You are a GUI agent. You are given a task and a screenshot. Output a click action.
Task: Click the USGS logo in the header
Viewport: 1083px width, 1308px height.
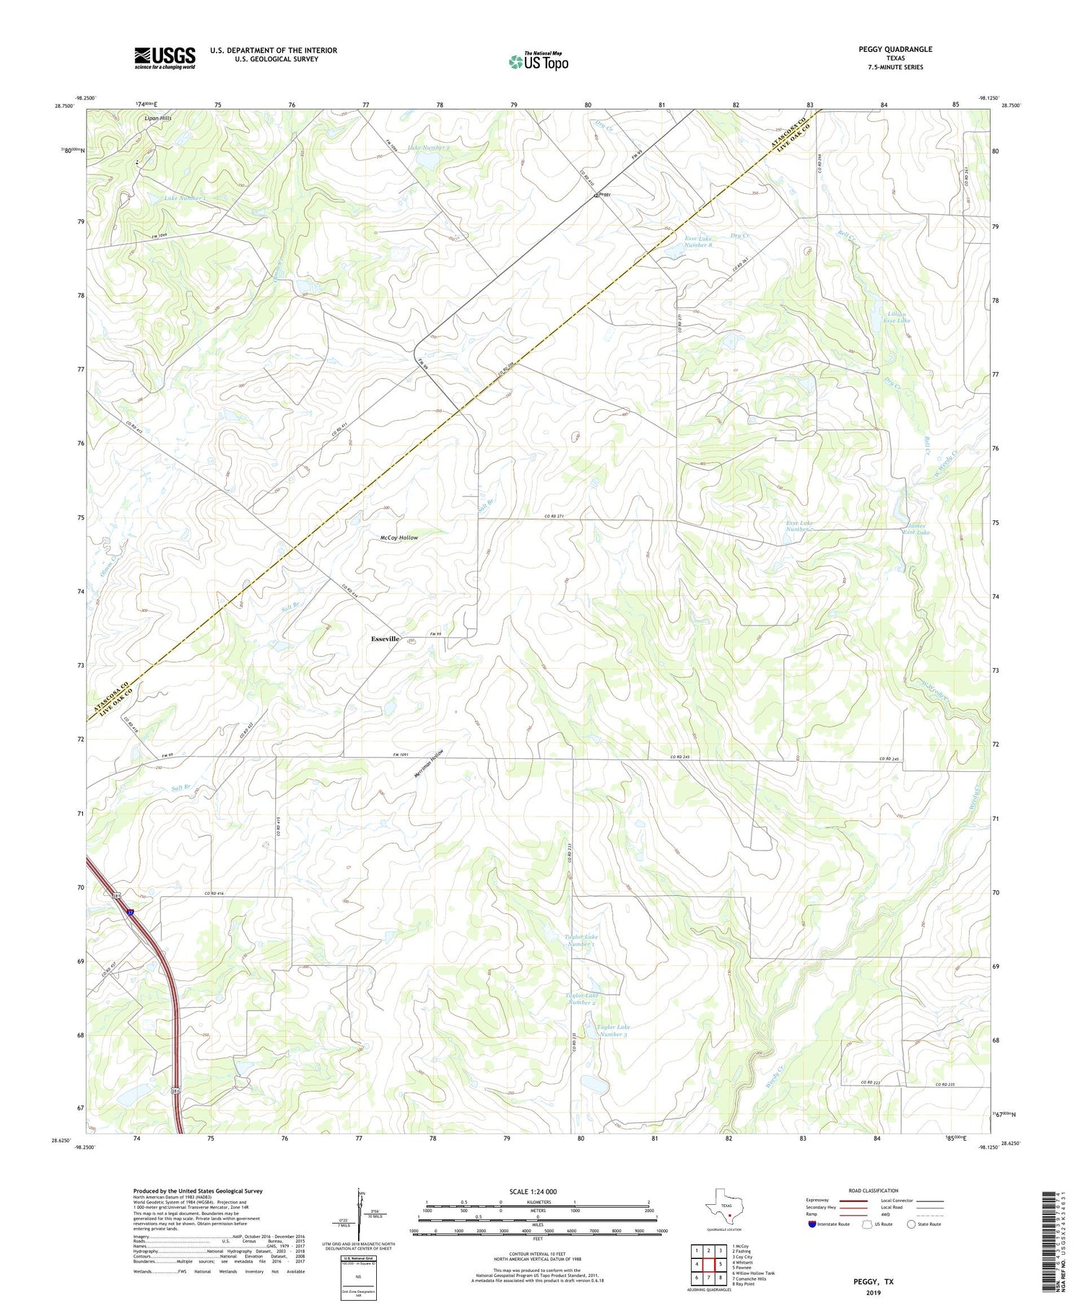pos(165,58)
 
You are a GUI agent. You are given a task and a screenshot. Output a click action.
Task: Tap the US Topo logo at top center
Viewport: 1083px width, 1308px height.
pos(538,62)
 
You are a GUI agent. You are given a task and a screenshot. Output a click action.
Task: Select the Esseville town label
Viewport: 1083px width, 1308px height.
pos(385,639)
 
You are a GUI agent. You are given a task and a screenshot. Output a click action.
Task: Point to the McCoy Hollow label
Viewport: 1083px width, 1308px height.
pos(399,537)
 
